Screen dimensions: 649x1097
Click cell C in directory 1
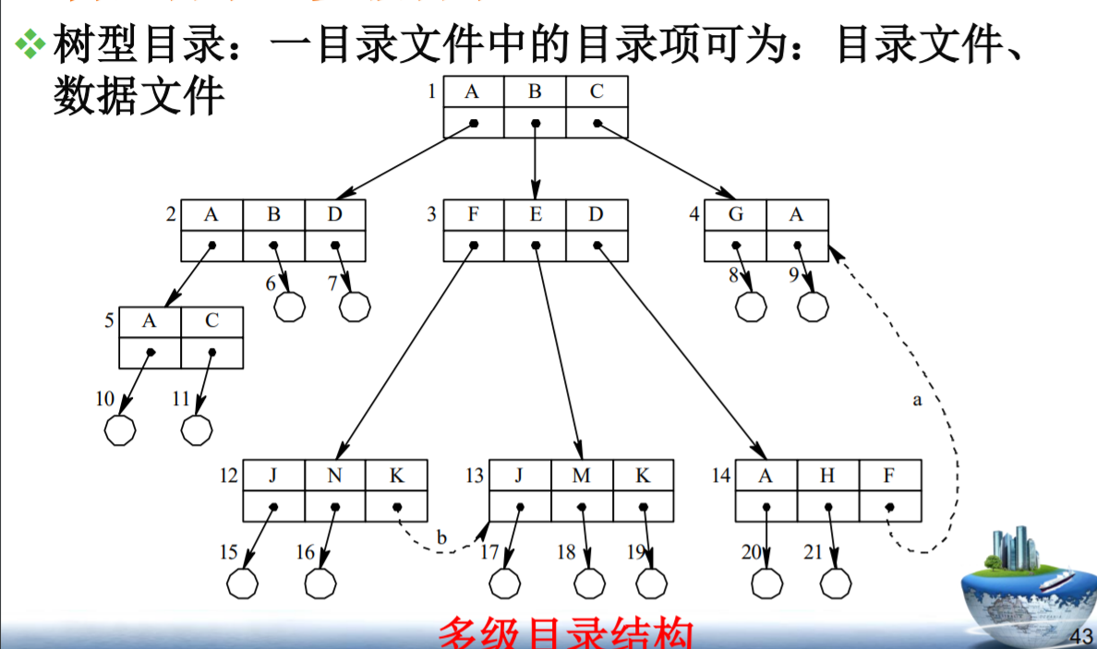tap(597, 91)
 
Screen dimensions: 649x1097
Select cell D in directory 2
tap(335, 215)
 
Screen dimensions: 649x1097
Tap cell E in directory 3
tap(536, 215)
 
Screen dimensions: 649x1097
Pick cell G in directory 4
tap(736, 215)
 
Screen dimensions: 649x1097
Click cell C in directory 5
tap(212, 322)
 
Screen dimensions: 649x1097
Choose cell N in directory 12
tap(335, 475)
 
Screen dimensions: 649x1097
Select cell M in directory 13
tap(582, 475)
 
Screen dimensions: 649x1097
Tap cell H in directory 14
tap(828, 475)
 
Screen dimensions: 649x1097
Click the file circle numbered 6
tap(290, 306)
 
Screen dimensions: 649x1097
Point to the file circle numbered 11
tap(197, 429)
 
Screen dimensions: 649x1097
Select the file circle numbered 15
tap(243, 583)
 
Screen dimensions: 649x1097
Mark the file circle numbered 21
tap(836, 583)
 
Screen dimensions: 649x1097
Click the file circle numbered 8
tap(752, 306)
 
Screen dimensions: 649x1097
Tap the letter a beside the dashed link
tap(917, 401)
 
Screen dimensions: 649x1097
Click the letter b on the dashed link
tap(441, 537)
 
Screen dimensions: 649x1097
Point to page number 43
tap(1080, 635)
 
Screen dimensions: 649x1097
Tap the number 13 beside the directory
tap(475, 476)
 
